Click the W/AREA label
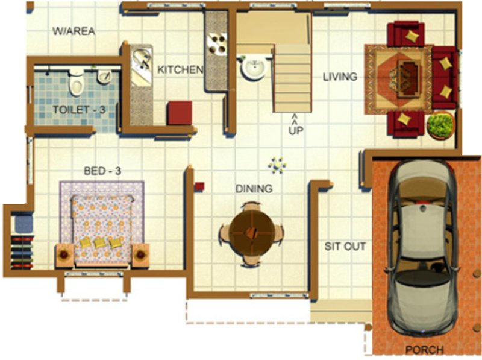coord(74,31)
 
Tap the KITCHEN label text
coord(180,70)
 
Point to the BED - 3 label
coord(102,171)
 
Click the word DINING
coord(254,189)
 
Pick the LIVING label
coord(340,77)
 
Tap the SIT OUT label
coord(345,246)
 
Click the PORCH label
coord(424,349)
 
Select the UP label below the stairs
coord(295,129)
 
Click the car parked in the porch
coord(422,247)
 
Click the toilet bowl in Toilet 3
coord(76,83)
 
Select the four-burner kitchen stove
coord(216,43)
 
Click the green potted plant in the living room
coord(440,125)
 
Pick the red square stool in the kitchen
coord(180,113)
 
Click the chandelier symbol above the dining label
coord(277,164)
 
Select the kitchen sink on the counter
coord(142,60)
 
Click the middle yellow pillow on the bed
coord(100,242)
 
